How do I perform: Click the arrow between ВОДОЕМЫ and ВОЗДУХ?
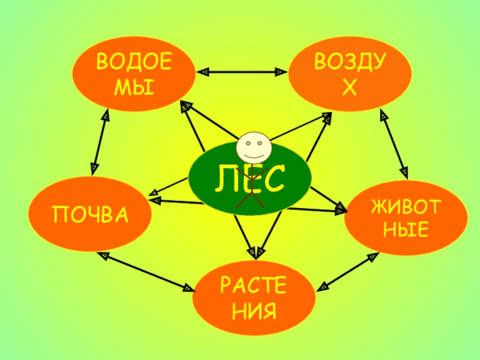pos(241,72)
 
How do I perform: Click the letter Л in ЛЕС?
pos(224,179)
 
